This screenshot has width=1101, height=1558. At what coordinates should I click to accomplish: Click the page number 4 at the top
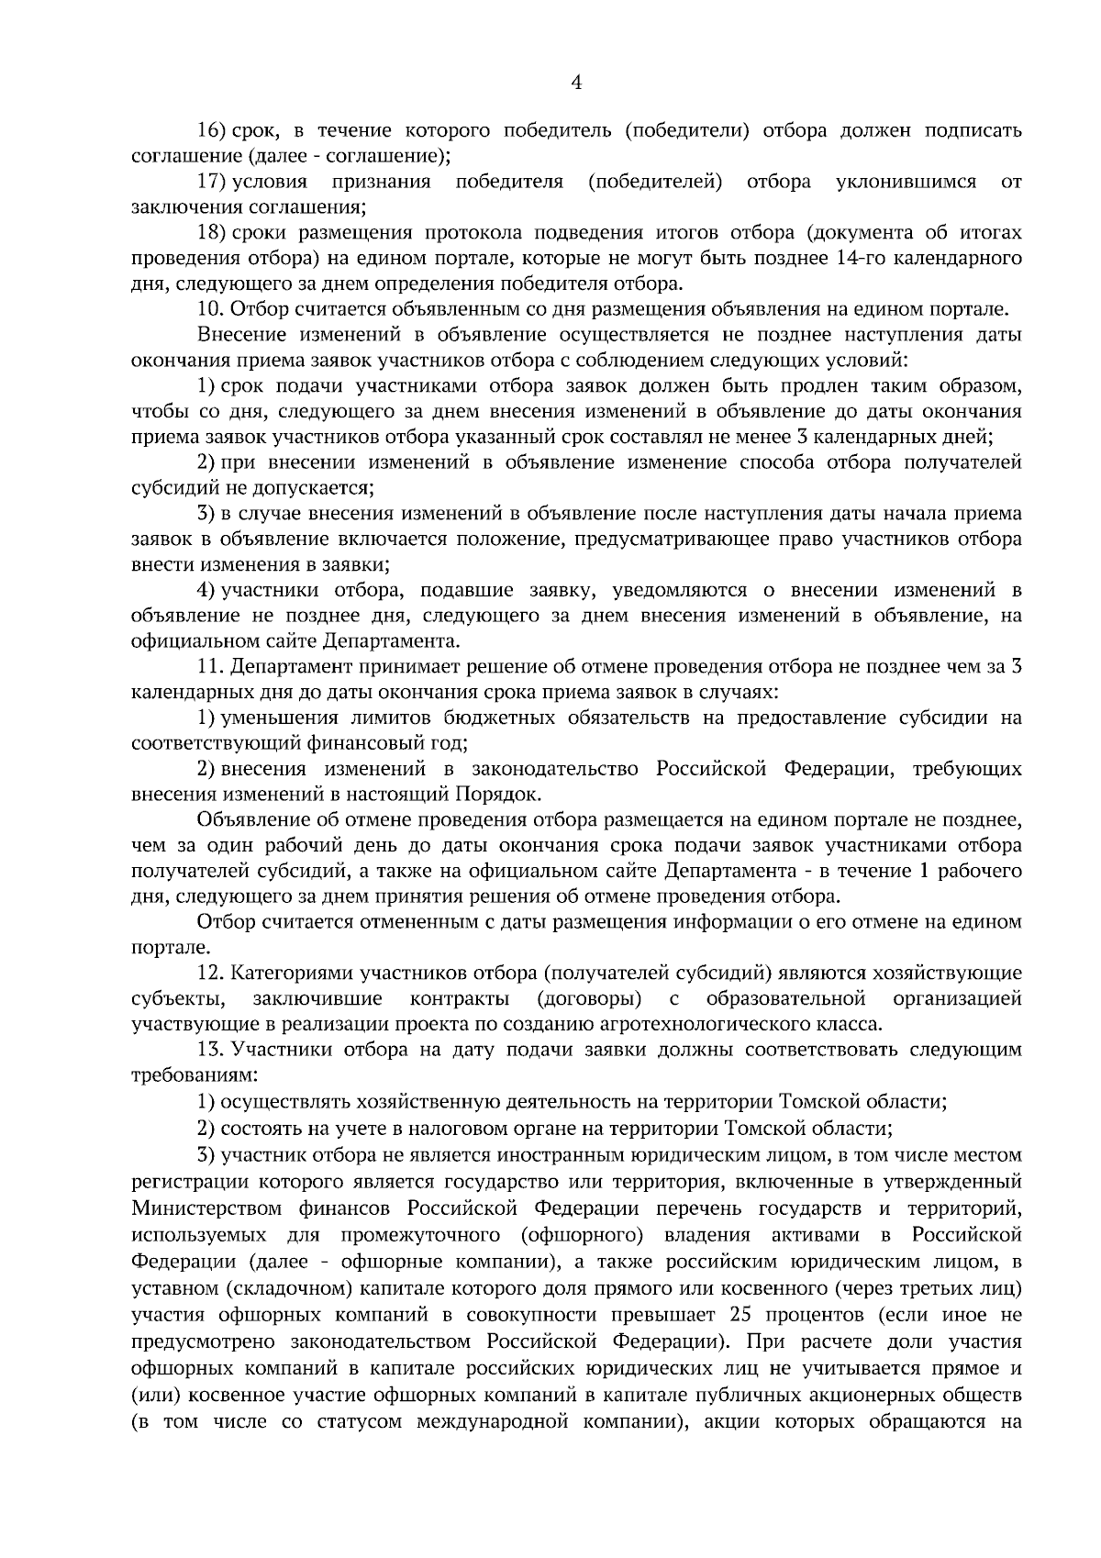pyautogui.click(x=575, y=83)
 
